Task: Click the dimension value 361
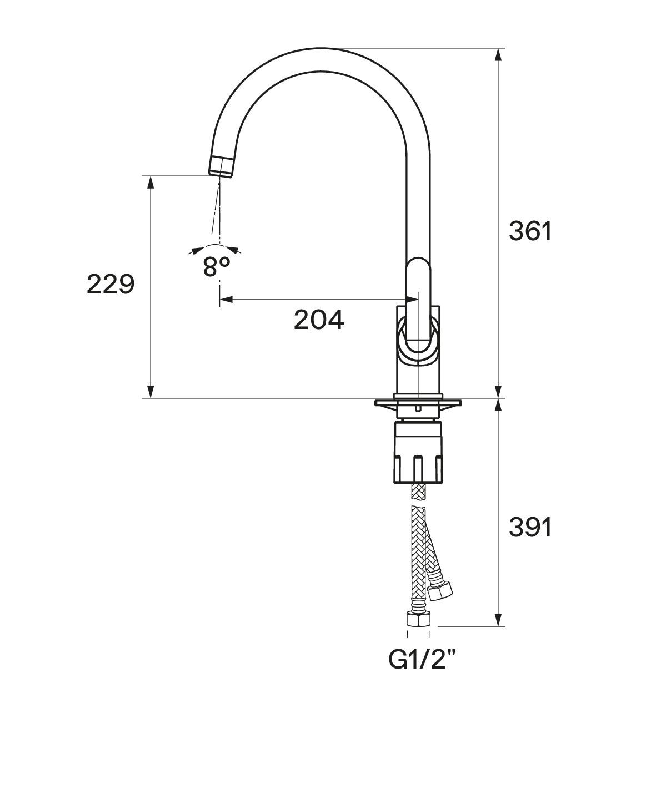pos(530,231)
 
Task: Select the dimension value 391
pos(530,528)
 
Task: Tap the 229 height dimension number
pos(111,284)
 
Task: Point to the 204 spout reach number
pos(319,320)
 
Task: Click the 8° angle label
pos(216,266)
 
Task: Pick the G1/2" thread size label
pos(422,660)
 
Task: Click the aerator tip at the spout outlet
pos(222,166)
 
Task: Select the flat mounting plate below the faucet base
pos(418,402)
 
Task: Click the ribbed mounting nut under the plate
pos(418,452)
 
